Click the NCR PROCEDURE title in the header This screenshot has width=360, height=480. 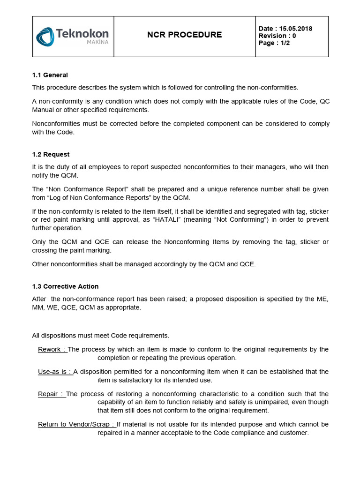pyautogui.click(x=184, y=35)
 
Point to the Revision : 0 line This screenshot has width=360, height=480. pyautogui.click(x=277, y=36)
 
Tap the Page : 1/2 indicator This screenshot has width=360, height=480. pyautogui.click(x=274, y=43)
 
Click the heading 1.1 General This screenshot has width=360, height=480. pyautogui.click(x=50, y=75)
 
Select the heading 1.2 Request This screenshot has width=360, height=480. pyautogui.click(x=51, y=154)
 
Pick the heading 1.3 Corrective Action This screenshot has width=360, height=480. pyautogui.click(x=65, y=286)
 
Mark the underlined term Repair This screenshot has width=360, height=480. pyautogui.click(x=51, y=394)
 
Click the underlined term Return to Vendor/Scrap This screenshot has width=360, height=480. pyautogui.click(x=76, y=424)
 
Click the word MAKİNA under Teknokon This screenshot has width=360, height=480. pyautogui.click(x=97, y=42)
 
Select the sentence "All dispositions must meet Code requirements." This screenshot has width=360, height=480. pyautogui.click(x=100, y=336)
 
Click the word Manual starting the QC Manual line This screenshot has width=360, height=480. pyautogui.click(x=43, y=110)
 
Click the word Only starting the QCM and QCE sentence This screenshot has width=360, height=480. pyautogui.click(x=39, y=242)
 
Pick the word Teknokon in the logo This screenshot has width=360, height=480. pyautogui.click(x=82, y=33)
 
